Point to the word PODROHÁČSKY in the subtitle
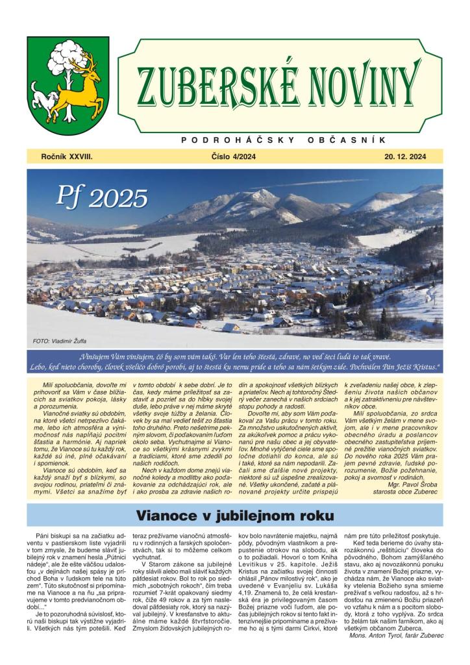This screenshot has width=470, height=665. coord(238,140)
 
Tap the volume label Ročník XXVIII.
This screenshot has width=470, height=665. coord(66,157)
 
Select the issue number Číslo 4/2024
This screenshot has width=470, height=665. coord(234,157)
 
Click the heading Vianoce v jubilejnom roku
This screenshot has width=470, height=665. coord(235,516)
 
